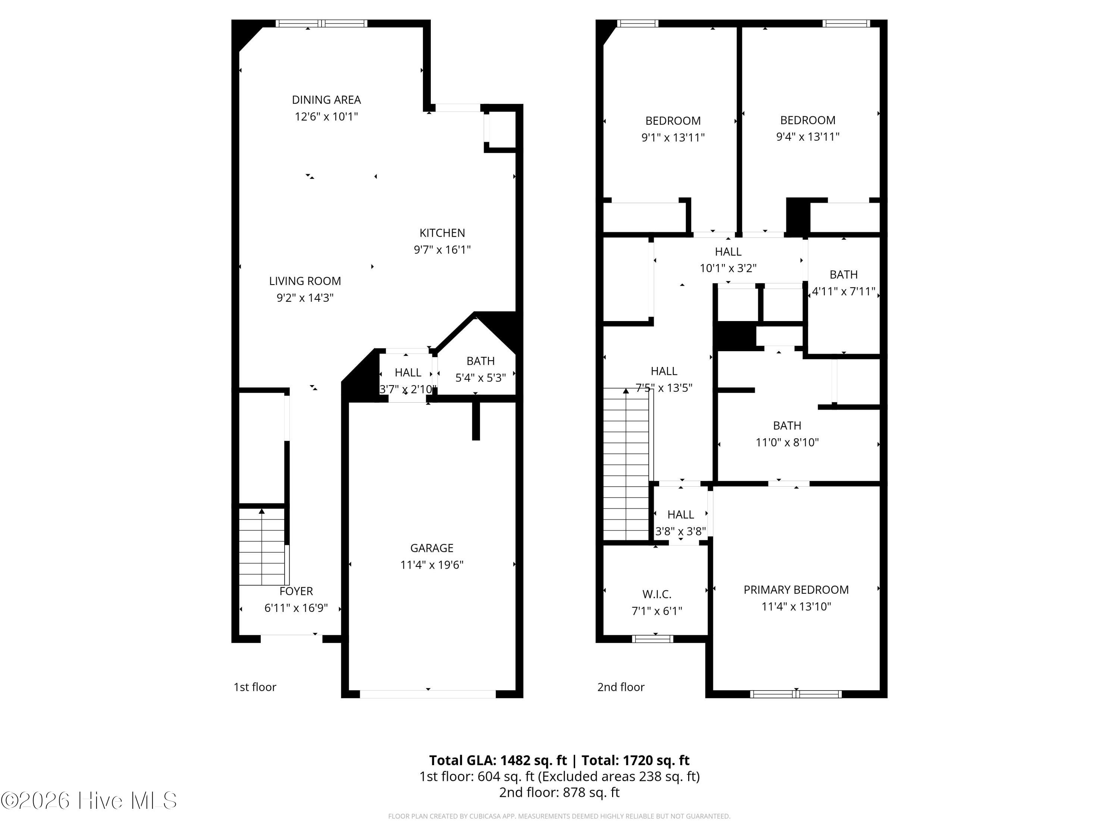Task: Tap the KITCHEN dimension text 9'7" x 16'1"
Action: (x=442, y=250)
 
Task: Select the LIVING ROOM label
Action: (x=305, y=281)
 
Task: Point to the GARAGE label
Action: (x=432, y=548)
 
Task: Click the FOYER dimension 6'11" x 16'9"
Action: (x=296, y=608)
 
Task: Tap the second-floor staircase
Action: (x=626, y=464)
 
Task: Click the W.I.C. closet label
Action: (x=656, y=594)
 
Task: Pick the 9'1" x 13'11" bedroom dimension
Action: (x=673, y=138)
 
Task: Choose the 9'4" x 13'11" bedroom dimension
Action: (x=808, y=136)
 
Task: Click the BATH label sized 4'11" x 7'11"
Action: (x=843, y=274)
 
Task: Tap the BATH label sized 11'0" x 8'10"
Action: (x=787, y=426)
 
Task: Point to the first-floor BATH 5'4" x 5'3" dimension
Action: (x=480, y=378)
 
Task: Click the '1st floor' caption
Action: (x=255, y=687)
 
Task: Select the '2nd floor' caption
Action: (x=621, y=687)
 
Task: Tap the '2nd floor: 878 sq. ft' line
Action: (x=559, y=792)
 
